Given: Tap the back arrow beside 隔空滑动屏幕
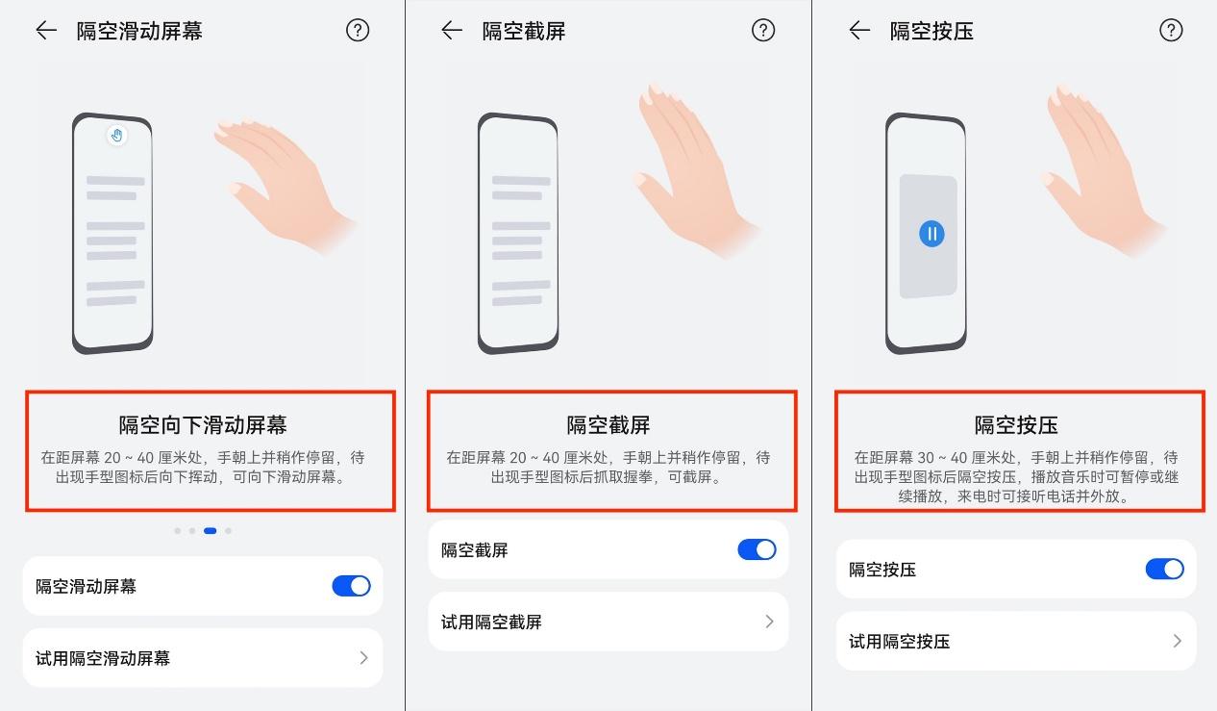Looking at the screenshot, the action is coord(46,31).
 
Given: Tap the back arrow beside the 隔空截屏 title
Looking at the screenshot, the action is coord(452,31).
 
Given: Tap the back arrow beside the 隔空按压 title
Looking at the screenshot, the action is coord(859,31).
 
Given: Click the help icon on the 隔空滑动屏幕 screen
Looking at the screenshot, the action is coord(358,31).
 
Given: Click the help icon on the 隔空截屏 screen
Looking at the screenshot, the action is coord(763,31).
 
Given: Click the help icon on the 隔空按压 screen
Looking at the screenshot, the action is coord(1171,31).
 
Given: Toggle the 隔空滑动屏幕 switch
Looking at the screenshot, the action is coord(352,586).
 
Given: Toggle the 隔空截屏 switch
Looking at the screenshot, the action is coord(757,549).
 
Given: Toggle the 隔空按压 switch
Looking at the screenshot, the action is coord(1165,570).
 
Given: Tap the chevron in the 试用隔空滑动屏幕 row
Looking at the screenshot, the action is coord(364,658).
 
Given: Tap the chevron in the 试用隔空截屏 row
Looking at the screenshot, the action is coord(769,622).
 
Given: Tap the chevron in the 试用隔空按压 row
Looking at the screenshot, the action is coord(1178,641).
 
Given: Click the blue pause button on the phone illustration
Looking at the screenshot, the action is coord(931,234).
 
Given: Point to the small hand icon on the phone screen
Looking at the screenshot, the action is coord(117,136).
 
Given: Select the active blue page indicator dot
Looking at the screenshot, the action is coord(211,530).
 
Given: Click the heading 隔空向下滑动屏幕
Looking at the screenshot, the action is coord(203,425).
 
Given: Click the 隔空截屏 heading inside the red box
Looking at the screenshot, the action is coord(608,425).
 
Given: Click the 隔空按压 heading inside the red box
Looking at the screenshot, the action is coord(1016,425).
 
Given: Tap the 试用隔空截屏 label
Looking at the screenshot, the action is coord(491,622).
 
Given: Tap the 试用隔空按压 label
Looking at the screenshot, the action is coord(899,642).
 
